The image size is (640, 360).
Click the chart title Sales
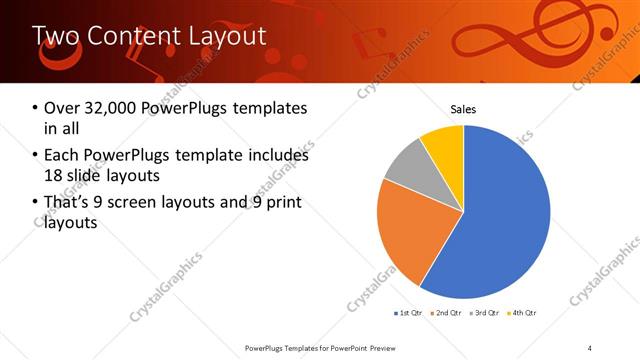[463, 108]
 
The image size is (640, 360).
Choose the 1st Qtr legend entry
[411, 314]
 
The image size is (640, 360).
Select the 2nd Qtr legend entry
[445, 314]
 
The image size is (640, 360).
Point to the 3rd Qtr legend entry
[484, 314]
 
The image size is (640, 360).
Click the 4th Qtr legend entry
[522, 314]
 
